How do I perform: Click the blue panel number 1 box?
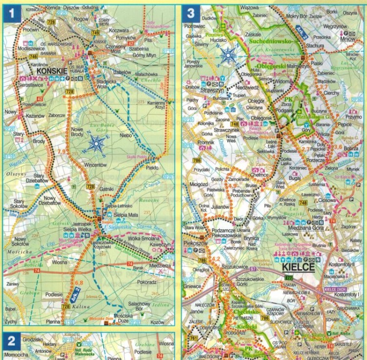tap(12, 14)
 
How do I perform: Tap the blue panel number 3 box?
tap(190, 14)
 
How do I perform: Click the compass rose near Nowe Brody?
tap(96, 144)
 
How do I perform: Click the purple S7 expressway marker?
tap(253, 270)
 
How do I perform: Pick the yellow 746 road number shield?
tap(20, 57)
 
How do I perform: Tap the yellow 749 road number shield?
tap(95, 32)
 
